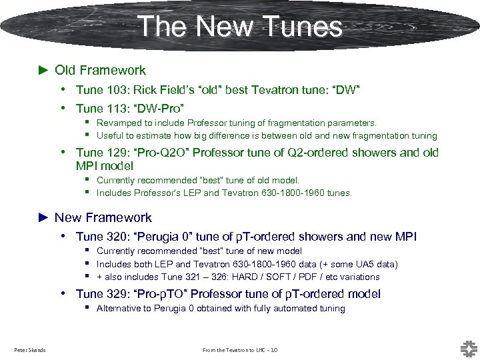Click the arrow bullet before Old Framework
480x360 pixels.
coord(43,70)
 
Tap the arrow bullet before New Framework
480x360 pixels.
coord(43,218)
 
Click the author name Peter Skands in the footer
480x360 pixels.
coord(30,350)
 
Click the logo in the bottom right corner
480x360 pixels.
coord(468,348)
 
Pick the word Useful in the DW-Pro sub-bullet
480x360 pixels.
coord(109,136)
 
